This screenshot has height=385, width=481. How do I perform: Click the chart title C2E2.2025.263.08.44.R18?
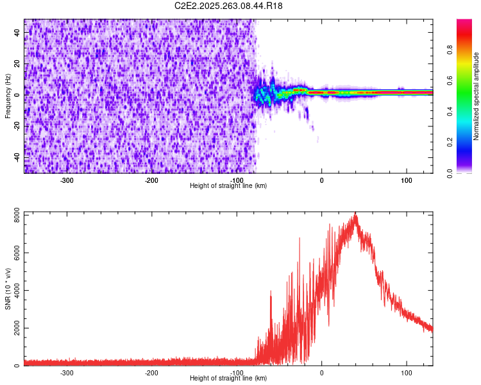point(228,6)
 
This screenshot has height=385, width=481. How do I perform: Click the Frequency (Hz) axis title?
point(8,96)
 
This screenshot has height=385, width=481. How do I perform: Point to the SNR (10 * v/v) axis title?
point(8,288)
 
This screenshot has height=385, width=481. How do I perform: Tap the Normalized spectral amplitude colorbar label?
point(476,96)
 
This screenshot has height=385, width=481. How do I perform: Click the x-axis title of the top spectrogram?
point(228,185)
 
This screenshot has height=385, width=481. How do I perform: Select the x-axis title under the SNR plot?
point(228,378)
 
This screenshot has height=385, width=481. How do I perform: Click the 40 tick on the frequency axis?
point(17,33)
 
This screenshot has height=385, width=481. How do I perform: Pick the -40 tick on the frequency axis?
point(17,157)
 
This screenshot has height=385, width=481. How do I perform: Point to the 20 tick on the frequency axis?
point(17,64)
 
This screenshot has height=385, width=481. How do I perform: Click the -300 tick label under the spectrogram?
point(67,180)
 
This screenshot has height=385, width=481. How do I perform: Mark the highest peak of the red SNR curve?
point(355,214)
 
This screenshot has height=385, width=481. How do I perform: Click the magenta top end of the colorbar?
point(464,22)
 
